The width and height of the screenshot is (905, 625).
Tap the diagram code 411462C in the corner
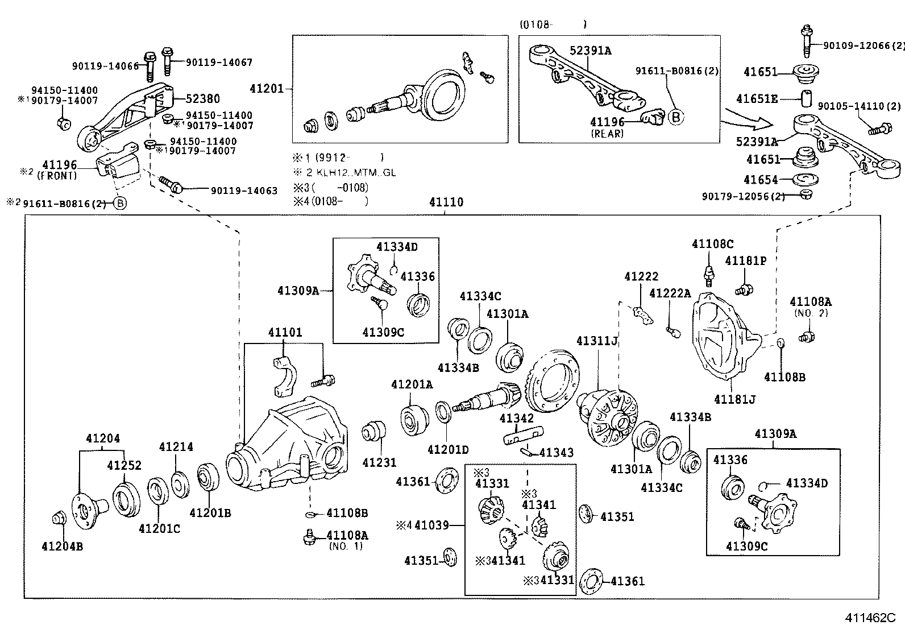point(869,617)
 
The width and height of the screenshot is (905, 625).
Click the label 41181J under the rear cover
point(734,399)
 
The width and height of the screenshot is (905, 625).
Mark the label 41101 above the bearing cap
point(285,332)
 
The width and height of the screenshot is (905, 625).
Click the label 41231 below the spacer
point(379,462)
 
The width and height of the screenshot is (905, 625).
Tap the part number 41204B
point(63,547)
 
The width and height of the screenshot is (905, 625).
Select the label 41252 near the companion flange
point(124,466)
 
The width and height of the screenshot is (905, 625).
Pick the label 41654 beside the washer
point(760,180)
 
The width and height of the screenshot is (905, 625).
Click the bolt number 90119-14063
point(244,191)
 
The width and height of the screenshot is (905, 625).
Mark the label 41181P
point(745,261)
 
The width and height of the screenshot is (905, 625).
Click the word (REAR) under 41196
point(607,134)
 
